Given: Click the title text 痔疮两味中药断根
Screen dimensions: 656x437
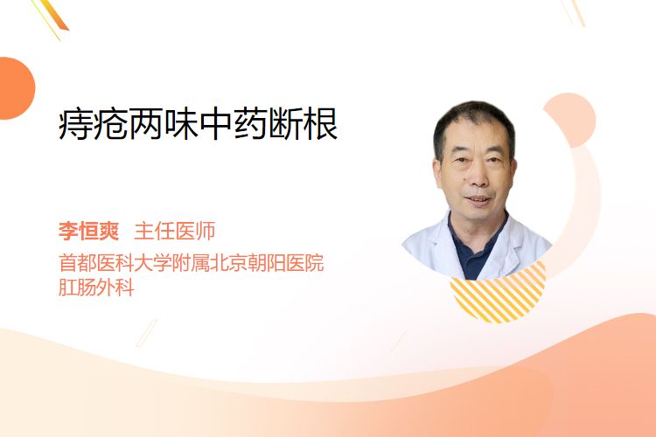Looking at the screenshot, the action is pos(198,124).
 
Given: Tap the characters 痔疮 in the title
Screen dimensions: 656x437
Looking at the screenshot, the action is pos(93,124).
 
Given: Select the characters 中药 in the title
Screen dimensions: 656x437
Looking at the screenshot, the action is pos(233,124).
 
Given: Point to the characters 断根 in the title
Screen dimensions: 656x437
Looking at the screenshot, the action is pos(303,124).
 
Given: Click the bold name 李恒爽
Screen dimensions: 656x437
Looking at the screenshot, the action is pos(88,231).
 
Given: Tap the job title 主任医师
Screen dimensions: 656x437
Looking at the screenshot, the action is pos(174,231).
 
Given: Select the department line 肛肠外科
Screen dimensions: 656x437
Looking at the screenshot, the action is pos(96,288).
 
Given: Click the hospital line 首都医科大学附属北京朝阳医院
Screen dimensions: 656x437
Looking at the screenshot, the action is pos(192,262).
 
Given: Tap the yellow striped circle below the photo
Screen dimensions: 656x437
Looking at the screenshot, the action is pos(499,295).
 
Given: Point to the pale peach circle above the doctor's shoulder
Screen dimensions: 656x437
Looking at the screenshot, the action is pos(569,119).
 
